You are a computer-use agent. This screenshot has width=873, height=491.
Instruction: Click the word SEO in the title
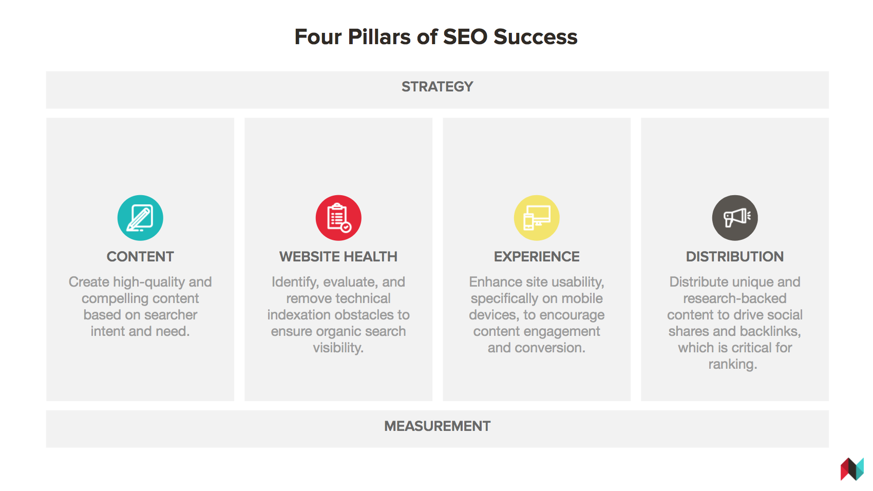(x=465, y=37)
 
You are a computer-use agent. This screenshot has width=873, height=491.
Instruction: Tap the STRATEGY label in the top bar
(x=438, y=86)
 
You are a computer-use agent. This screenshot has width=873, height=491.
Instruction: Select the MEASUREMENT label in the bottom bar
(x=438, y=426)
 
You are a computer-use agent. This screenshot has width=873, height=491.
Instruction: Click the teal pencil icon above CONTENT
(x=140, y=217)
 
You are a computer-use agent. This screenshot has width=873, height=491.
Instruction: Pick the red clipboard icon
(x=338, y=217)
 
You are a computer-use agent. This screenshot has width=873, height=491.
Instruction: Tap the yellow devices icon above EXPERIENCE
(x=537, y=217)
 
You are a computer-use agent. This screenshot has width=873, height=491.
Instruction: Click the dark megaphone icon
(x=735, y=217)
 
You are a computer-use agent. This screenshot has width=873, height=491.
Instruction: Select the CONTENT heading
(x=140, y=256)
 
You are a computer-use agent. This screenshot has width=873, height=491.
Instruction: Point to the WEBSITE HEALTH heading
(x=338, y=256)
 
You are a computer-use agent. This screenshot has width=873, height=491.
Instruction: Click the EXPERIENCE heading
(x=537, y=256)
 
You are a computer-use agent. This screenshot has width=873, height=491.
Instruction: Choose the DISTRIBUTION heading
(x=735, y=256)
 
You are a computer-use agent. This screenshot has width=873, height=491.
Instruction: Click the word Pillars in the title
(x=379, y=37)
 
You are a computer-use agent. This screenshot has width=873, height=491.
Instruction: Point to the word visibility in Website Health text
(x=338, y=348)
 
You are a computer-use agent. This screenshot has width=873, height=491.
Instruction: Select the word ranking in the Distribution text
(x=733, y=364)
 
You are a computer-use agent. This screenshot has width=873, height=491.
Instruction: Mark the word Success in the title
(x=536, y=37)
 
